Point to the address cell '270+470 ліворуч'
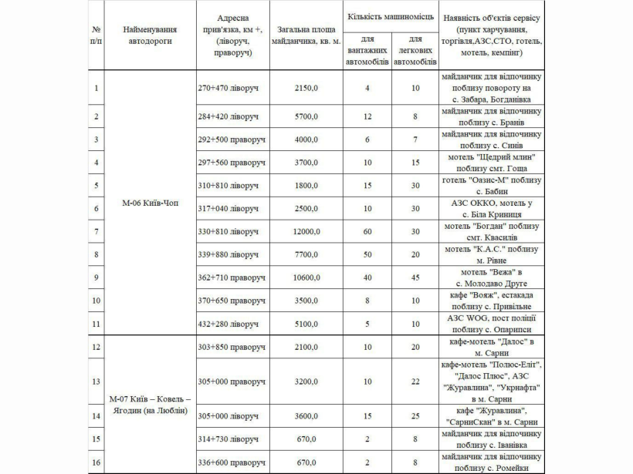pyautogui.click(x=228, y=88)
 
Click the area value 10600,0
pyautogui.click(x=306, y=277)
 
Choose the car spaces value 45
pyautogui.click(x=415, y=277)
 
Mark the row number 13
pyautogui.click(x=96, y=381)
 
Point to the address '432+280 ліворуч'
pyautogui.click(x=228, y=322)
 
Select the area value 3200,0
pyautogui.click(x=306, y=381)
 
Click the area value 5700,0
pyautogui.click(x=306, y=116)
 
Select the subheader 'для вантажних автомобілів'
pyautogui.click(x=367, y=50)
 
